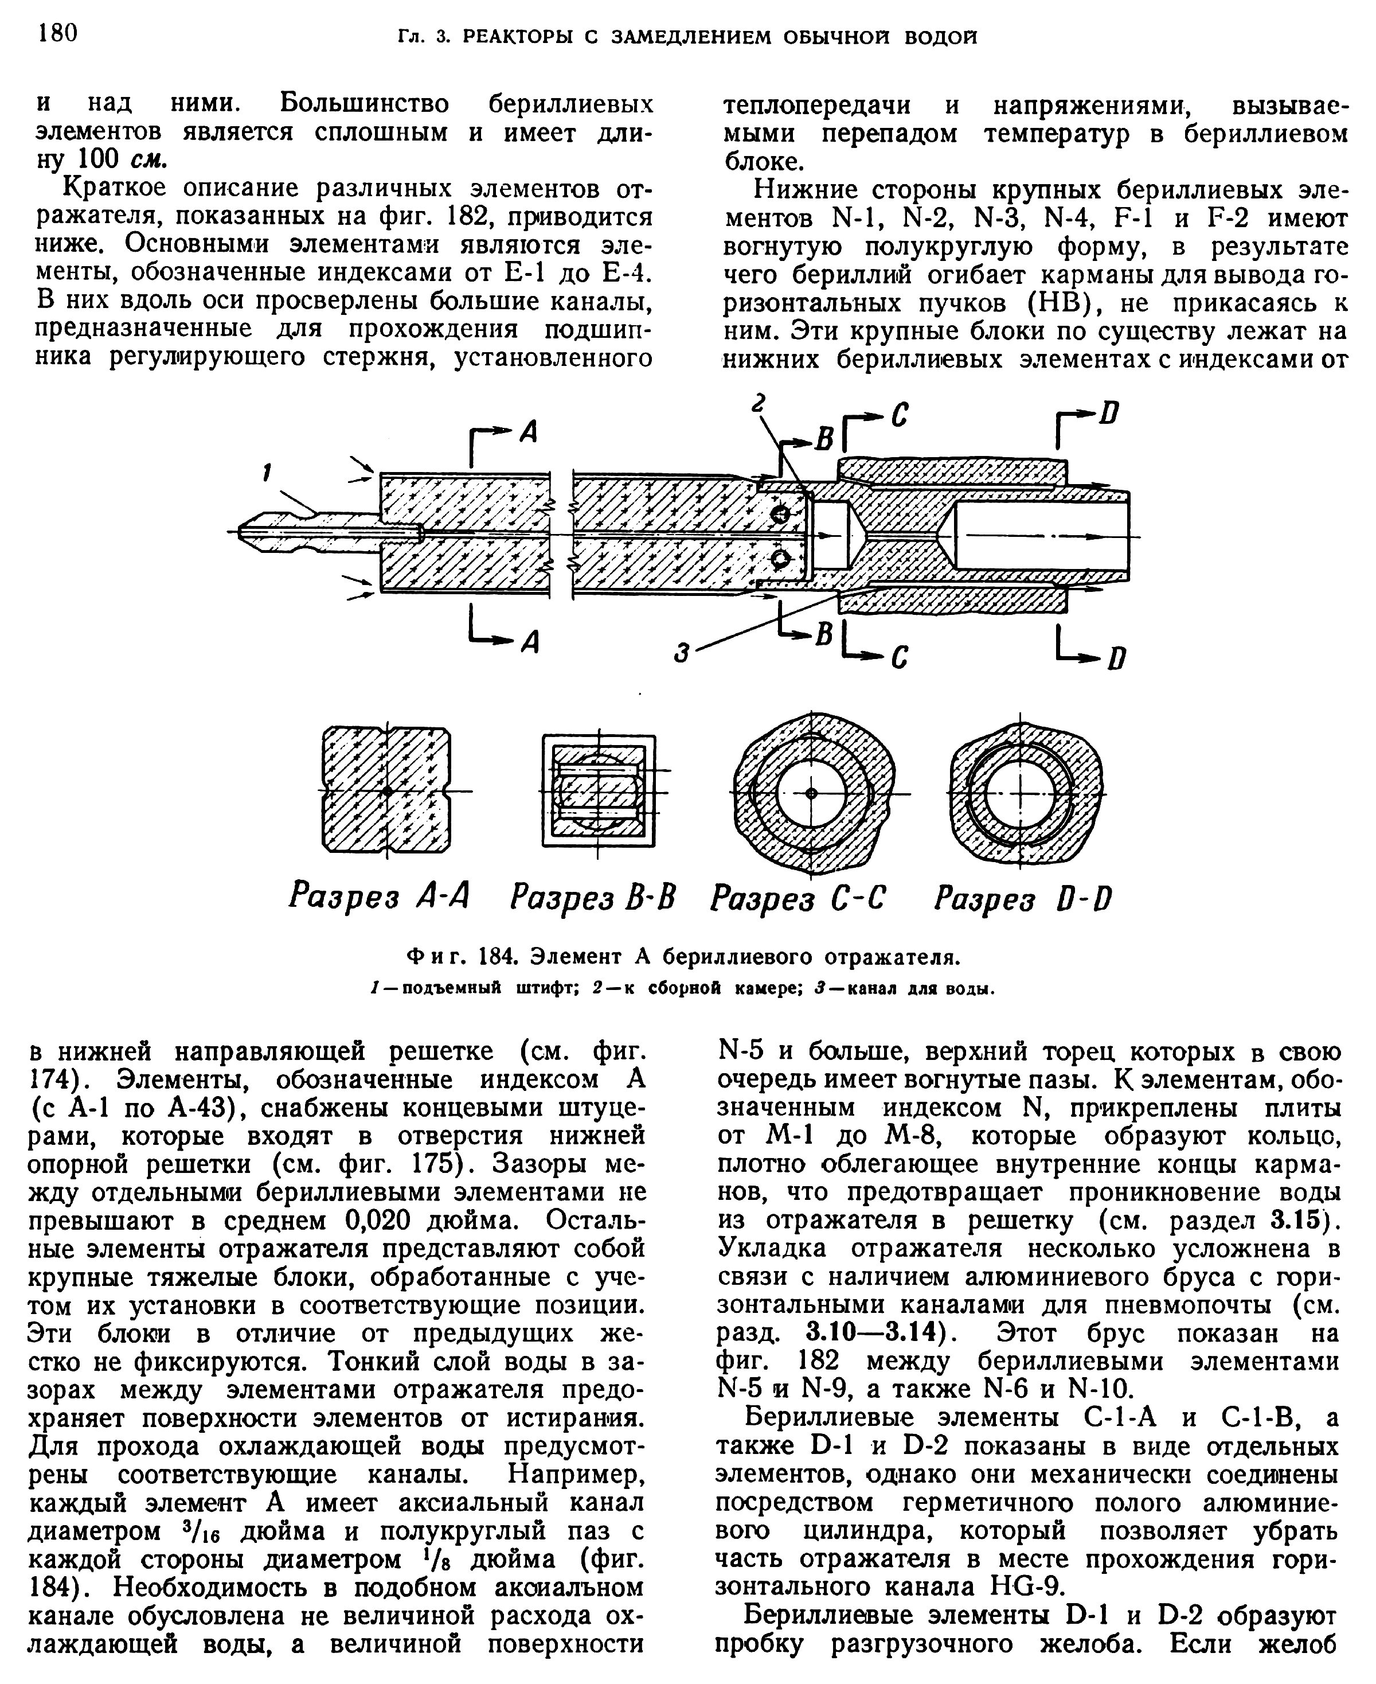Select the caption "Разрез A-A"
click(x=379, y=898)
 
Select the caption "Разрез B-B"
click(x=593, y=898)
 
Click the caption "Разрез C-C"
click(x=798, y=898)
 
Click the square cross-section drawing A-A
click(x=387, y=792)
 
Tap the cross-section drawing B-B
click(x=599, y=792)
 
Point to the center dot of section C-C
click(x=810, y=793)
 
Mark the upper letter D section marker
click(x=1111, y=413)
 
